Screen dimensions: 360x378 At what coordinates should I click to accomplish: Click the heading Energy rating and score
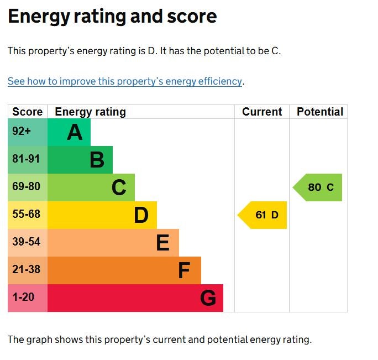point(112,17)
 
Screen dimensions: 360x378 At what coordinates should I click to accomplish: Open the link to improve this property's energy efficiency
point(125,81)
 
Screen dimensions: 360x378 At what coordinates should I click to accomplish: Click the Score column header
point(27,112)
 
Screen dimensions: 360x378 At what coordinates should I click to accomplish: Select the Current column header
point(262,112)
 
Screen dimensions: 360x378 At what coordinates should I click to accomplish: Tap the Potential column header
point(319,112)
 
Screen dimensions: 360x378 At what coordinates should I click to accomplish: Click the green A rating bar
point(69,132)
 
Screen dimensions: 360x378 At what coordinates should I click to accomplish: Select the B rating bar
point(80,160)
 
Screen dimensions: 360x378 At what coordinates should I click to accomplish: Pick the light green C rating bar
point(91,187)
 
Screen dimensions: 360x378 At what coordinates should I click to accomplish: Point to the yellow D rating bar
point(102,215)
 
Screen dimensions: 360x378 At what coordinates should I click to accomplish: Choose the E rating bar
point(113,243)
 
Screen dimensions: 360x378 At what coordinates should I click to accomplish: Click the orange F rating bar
point(124,270)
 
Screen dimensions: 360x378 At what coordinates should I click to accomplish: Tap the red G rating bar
point(135,298)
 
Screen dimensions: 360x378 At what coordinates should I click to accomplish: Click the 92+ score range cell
point(27,132)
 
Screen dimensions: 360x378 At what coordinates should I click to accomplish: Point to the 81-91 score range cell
point(27,160)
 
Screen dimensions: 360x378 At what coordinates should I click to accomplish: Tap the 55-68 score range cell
point(27,215)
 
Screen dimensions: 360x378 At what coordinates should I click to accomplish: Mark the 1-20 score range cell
point(27,298)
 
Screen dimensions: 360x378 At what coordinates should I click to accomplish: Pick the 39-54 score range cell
point(27,243)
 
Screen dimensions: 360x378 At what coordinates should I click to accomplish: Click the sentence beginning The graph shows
point(160,340)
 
